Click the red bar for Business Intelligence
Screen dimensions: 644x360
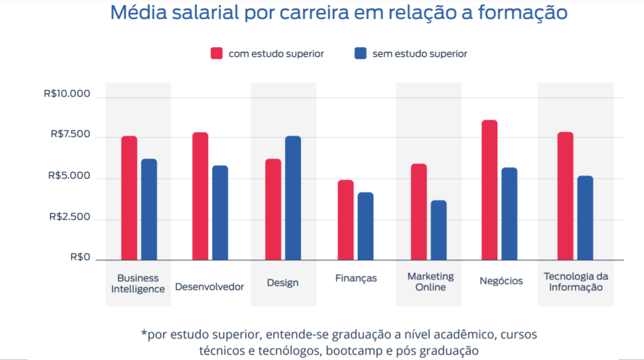(130, 198)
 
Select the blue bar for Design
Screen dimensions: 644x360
(293, 198)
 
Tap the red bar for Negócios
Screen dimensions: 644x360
(490, 190)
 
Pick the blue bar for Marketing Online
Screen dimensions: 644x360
(439, 230)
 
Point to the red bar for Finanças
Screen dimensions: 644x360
(346, 220)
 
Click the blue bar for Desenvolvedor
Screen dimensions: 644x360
(220, 213)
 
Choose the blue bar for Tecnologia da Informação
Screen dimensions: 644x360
(585, 218)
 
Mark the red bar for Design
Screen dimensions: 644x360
(273, 210)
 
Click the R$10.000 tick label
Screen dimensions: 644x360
(67, 94)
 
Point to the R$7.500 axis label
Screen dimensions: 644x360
(71, 134)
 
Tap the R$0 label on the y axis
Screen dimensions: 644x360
(80, 257)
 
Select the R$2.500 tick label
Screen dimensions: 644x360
(69, 217)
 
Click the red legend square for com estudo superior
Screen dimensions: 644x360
(217, 53)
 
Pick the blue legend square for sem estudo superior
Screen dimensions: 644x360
(361, 53)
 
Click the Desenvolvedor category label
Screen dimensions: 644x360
(210, 286)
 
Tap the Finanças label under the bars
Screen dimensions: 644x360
(356, 278)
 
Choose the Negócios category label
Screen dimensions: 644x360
(501, 281)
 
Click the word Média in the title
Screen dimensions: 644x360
(138, 13)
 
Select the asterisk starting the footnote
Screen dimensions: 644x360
(144, 332)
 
